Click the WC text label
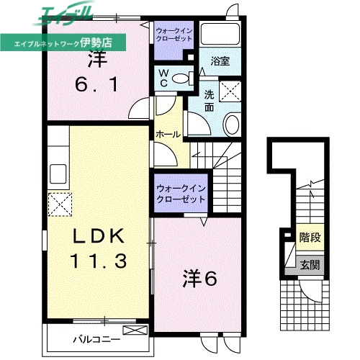(163, 78)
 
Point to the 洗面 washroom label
(208, 102)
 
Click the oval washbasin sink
(233, 125)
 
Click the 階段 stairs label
(310, 237)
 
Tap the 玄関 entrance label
(310, 264)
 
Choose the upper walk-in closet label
(174, 35)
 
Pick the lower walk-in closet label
(180, 192)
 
